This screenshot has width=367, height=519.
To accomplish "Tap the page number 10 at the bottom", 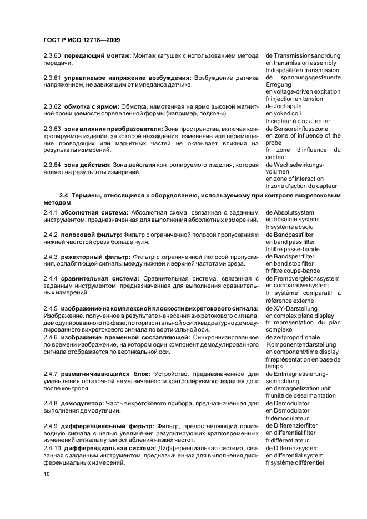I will (47, 474).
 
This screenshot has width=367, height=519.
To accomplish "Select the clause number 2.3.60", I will (53, 56).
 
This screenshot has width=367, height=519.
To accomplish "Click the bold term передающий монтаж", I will (97, 56).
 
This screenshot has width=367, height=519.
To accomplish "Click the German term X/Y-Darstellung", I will (296, 308).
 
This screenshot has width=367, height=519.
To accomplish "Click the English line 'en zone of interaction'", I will (294, 179).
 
